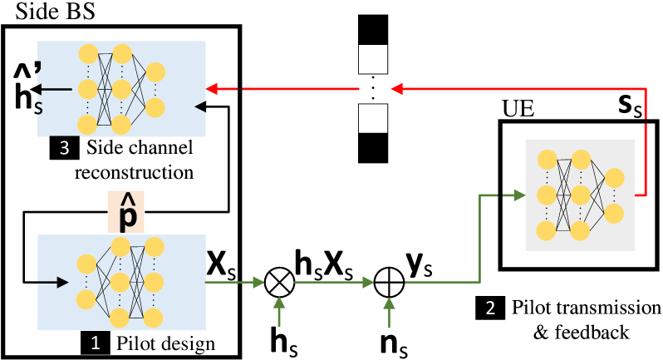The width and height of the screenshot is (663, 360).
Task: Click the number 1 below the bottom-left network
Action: pos(95,343)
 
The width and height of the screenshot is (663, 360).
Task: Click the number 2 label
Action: pos(490,308)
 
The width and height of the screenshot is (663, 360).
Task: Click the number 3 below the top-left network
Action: pos(64,149)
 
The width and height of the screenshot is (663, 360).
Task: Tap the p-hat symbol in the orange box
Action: pos(127,214)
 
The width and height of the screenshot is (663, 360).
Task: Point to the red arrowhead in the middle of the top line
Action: pos(396,88)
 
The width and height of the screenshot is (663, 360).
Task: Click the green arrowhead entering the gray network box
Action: pos(518,195)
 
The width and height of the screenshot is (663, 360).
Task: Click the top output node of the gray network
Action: pos(614,178)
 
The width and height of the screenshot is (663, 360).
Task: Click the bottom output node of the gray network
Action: pos(614,214)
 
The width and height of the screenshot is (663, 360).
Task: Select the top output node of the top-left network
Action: pos(155,72)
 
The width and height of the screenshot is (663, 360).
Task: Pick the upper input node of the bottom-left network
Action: pos(86,264)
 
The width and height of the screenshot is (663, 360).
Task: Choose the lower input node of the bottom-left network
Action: pos(86,299)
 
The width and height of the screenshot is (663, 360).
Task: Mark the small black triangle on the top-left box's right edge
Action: pos(199,106)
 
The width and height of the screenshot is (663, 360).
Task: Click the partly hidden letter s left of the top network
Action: pos(38,109)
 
